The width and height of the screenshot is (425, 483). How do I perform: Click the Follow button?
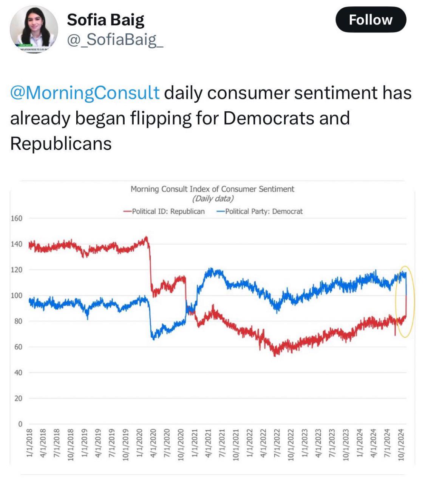(371, 20)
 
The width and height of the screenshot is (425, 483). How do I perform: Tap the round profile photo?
(34, 29)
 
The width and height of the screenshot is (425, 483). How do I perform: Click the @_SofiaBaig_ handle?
(115, 39)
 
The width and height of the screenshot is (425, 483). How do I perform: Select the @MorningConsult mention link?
(85, 93)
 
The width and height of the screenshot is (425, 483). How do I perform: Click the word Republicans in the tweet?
(61, 143)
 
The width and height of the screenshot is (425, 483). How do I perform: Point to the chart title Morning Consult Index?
(212, 189)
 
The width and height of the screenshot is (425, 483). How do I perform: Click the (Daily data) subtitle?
(213, 198)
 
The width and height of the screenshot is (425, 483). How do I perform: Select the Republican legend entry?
(165, 211)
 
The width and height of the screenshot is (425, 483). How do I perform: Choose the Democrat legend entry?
(260, 211)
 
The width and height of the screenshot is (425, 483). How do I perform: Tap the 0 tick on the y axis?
(20, 424)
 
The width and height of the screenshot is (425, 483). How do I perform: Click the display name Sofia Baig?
(106, 20)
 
